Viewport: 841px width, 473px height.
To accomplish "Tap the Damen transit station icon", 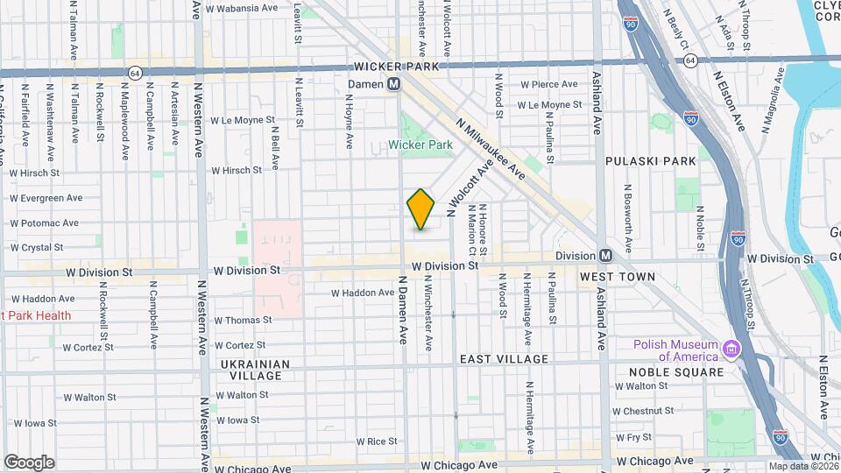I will point(394,83).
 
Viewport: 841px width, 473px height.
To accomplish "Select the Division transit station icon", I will point(605,255).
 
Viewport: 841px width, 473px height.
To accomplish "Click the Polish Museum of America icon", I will point(730,350).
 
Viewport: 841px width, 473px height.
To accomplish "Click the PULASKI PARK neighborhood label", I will point(651,161).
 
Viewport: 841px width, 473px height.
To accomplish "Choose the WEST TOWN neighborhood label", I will point(618,277).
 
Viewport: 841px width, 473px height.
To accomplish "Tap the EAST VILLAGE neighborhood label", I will point(504,359).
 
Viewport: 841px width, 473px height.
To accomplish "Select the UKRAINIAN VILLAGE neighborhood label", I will point(251,370).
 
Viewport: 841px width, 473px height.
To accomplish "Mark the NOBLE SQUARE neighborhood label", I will point(676,371).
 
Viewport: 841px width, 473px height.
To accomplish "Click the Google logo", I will point(29,462).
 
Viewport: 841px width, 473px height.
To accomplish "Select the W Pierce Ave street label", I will point(549,85).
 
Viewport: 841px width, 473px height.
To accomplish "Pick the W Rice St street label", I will point(374,441).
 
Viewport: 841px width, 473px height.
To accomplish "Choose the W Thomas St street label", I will point(243,321).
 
